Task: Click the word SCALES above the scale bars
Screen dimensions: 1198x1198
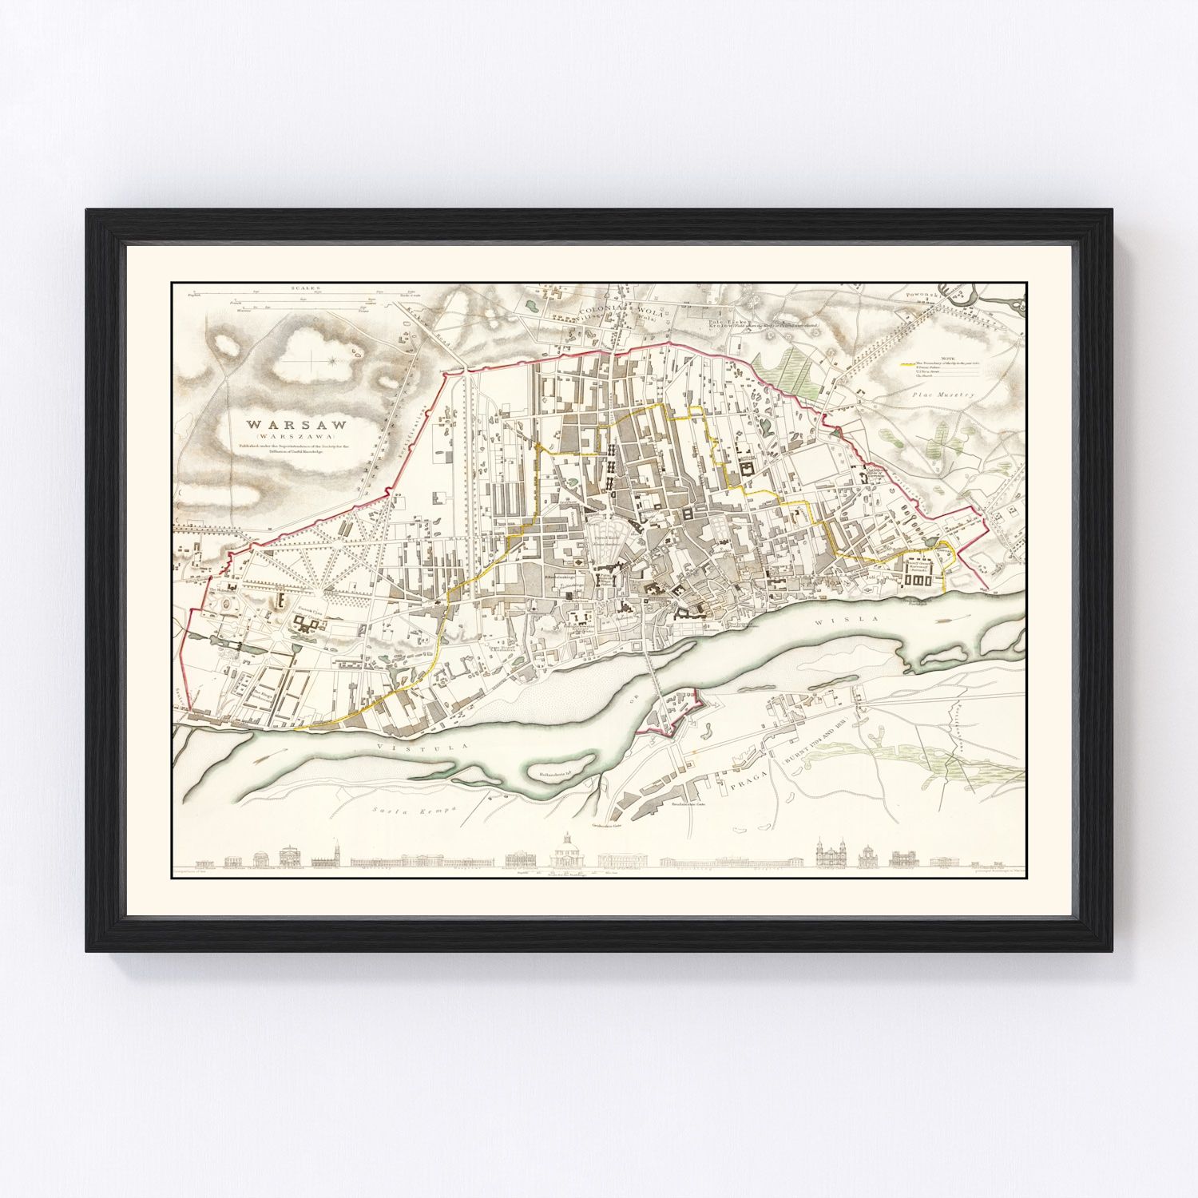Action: tap(304, 286)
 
